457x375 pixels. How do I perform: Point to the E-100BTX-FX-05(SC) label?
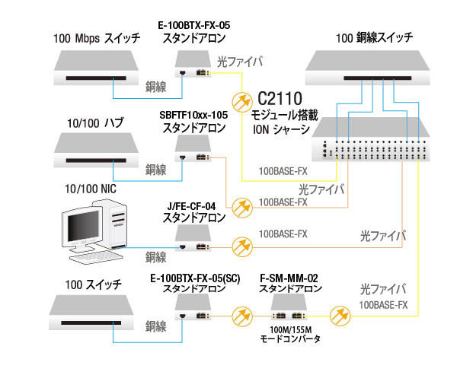196,278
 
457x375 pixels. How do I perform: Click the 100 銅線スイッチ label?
375,37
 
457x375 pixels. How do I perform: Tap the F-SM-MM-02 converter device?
289,310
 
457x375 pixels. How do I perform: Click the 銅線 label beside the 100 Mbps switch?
156,86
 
